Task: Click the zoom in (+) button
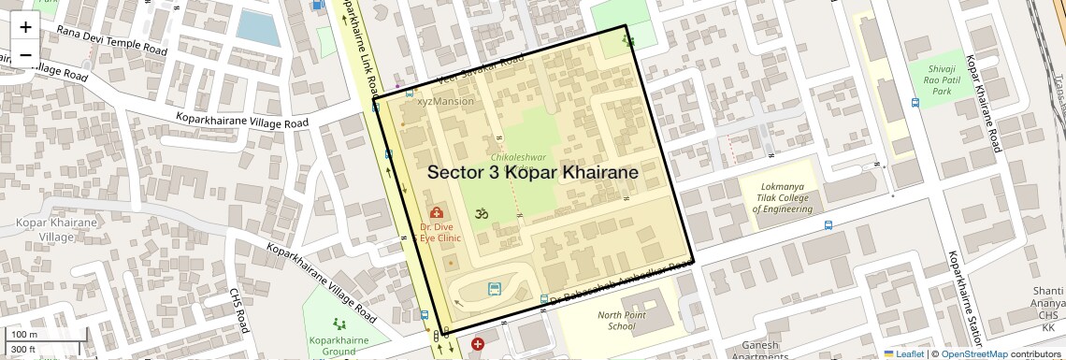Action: [25, 27]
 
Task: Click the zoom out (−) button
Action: [25, 54]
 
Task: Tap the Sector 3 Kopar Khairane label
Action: [533, 173]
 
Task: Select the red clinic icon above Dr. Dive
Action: [437, 213]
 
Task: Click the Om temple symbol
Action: [483, 213]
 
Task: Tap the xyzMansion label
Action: [445, 101]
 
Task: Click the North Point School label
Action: [622, 320]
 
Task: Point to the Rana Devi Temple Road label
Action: [111, 39]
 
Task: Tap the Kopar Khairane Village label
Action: [57, 230]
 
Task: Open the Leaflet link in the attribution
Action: [904, 354]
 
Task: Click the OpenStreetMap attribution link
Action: [974, 354]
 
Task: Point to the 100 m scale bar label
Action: [25, 334]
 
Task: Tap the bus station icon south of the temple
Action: [494, 290]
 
